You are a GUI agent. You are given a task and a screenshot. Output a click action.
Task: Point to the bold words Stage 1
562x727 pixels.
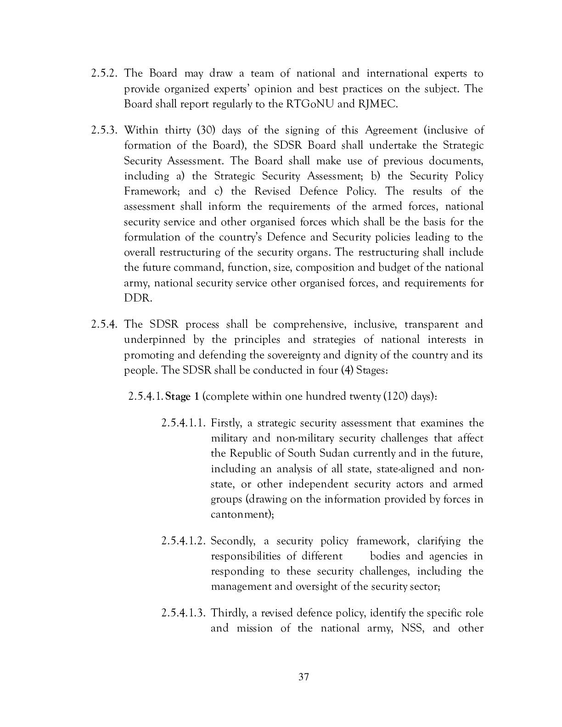click(x=182, y=397)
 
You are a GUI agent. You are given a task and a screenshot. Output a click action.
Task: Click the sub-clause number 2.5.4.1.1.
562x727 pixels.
click(x=183, y=423)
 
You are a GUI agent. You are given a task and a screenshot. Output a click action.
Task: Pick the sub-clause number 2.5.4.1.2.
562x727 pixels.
click(x=183, y=541)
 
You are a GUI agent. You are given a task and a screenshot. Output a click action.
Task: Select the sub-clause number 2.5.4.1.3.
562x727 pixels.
click(x=183, y=613)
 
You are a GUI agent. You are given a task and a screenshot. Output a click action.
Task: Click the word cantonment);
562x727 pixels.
click(x=242, y=514)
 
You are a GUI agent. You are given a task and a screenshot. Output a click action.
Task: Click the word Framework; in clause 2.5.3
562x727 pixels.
click(x=151, y=191)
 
